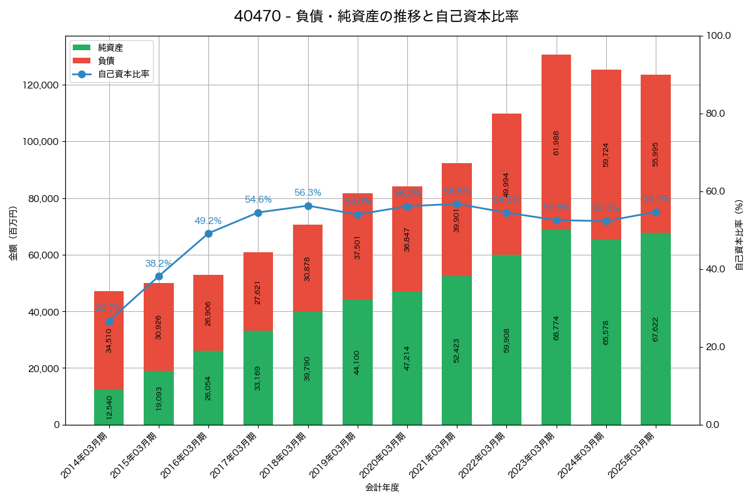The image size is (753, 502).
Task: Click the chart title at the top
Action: pos(376,17)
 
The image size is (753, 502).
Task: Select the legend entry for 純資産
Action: pos(110,48)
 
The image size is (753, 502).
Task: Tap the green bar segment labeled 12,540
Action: pos(109,407)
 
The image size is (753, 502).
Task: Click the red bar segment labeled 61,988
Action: pos(556,142)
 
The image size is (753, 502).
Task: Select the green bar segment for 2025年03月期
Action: pos(655,329)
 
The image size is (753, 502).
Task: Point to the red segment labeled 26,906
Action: pos(208,312)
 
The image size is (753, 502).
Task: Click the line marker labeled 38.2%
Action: pos(159,277)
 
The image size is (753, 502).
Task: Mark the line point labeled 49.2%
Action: pos(208,233)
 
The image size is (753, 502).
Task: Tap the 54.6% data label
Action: pos(258,200)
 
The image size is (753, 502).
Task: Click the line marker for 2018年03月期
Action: pos(307,206)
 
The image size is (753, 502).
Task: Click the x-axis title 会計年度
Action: pos(382,487)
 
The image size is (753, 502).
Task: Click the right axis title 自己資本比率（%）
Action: pos(739,235)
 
